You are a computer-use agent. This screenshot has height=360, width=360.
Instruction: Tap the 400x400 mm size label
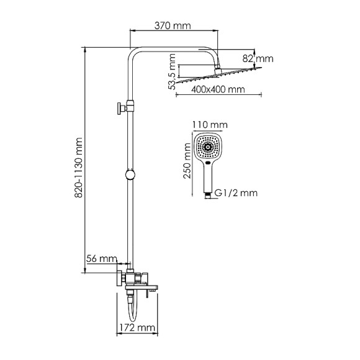[217, 90]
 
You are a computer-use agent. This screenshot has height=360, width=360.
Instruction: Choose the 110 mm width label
[207, 125]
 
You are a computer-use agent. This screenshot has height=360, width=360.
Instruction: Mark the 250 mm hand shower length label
[187, 161]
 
